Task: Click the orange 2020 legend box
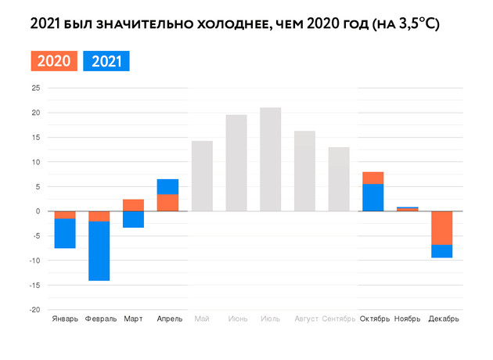point(54,61)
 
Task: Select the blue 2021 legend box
point(106,61)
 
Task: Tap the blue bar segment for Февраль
point(99,250)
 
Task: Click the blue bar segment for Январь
point(65,233)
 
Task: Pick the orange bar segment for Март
point(133,205)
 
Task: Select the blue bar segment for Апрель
point(167,186)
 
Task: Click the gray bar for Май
point(202,176)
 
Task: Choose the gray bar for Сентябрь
point(339,179)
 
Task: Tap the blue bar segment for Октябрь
point(373,197)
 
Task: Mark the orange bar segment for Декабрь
point(441,228)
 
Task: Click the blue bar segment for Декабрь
point(441,251)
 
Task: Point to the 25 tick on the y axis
point(35,88)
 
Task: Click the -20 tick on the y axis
point(34,310)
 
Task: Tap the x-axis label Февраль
point(100,319)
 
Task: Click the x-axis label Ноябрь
point(408,319)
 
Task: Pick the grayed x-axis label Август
point(305,319)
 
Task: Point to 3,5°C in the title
point(414,24)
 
